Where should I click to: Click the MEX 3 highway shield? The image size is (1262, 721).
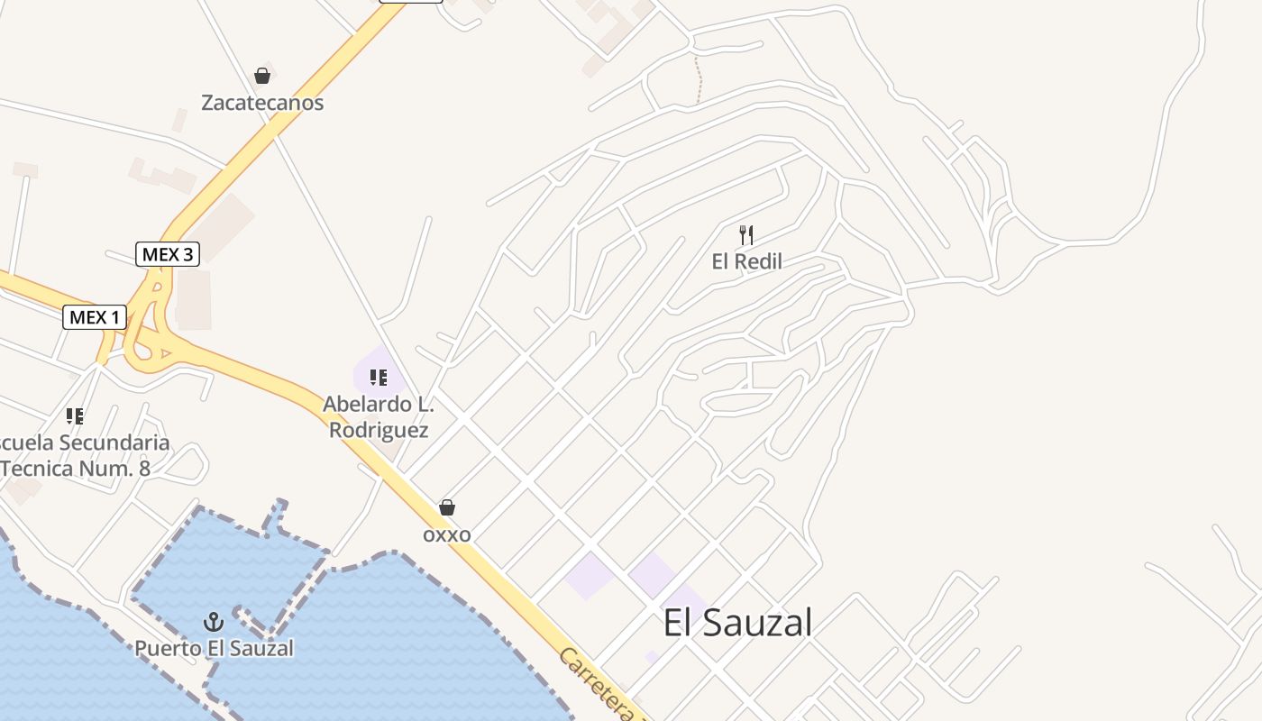tap(168, 254)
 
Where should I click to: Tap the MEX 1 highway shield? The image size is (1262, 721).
tap(95, 317)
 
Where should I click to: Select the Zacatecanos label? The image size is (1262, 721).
tap(262, 103)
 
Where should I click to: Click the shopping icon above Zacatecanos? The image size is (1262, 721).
tap(262, 76)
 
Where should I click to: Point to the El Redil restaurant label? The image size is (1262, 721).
tap(746, 262)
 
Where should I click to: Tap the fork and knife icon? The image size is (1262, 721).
tap(746, 235)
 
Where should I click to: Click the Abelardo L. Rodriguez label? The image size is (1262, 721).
tap(379, 417)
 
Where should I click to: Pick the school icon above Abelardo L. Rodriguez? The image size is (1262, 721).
tap(379, 378)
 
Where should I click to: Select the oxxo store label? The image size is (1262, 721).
tap(447, 534)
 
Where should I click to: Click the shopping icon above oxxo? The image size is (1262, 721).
tap(447, 507)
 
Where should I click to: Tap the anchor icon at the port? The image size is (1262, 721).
tap(214, 621)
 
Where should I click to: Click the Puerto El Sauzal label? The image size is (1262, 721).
tap(215, 648)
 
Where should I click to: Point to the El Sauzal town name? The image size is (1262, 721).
tap(737, 623)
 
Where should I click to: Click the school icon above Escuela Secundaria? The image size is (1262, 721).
tap(75, 416)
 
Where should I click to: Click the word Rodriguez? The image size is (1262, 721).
tap(379, 430)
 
